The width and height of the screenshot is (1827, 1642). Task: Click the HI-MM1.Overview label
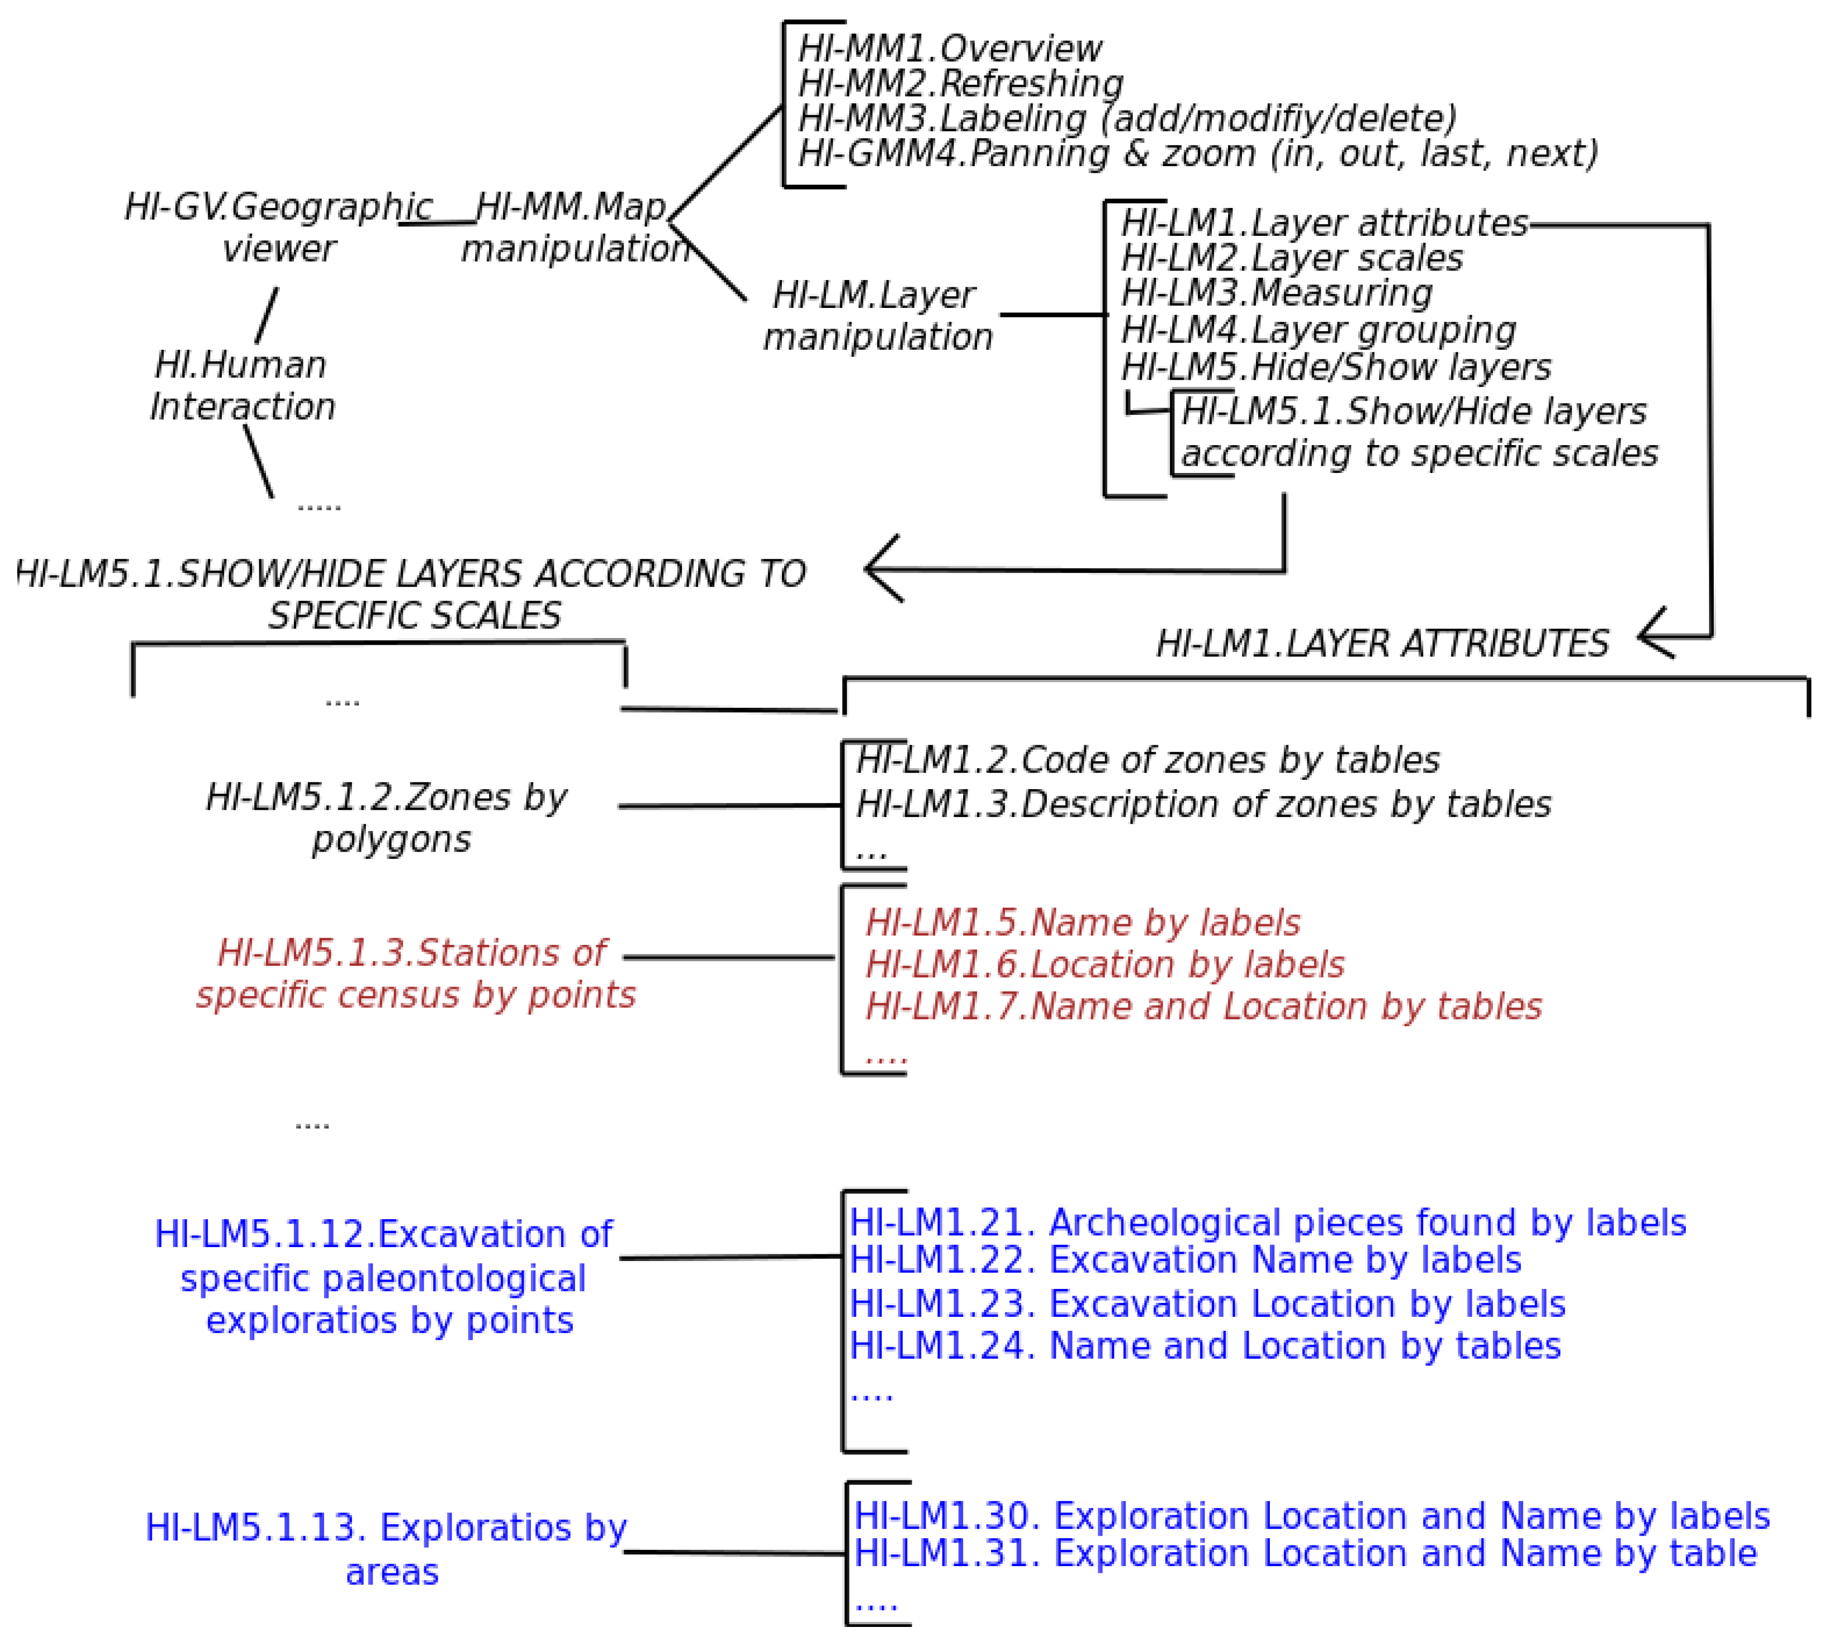coord(949,48)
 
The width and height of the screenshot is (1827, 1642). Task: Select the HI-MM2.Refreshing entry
coord(960,83)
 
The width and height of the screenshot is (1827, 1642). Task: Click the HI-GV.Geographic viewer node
coord(278,228)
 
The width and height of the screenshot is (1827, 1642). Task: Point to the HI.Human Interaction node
coord(242,385)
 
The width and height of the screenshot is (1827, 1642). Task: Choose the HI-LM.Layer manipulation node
coord(876,316)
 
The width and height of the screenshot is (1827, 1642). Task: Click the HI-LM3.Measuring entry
coord(1276,293)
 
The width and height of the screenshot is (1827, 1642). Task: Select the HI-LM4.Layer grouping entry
coord(1317,330)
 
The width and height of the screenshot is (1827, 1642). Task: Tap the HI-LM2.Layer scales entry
coord(1291,258)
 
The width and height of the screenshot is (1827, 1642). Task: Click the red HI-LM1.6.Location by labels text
coord(1104,964)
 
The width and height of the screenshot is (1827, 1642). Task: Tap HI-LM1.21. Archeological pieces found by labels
coord(1267,1223)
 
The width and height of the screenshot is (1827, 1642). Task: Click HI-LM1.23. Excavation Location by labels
coord(1207,1303)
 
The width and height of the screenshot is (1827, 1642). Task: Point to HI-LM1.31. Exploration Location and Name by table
coord(1304,1553)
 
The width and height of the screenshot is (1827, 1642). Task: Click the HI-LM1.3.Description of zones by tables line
coord(1202,804)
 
